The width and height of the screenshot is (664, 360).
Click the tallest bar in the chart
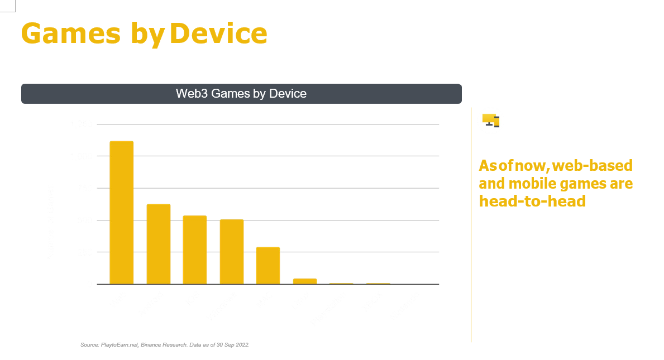point(121,213)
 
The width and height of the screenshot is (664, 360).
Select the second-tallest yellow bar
point(158,244)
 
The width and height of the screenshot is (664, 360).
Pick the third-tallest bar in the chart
point(195,249)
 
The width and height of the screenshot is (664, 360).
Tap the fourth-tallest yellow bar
point(231,252)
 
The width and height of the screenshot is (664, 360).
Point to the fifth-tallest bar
point(268,265)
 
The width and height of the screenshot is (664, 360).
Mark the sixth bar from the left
point(304,281)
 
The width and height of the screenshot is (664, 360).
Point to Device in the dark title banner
point(288,94)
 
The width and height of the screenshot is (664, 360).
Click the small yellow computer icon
point(490,120)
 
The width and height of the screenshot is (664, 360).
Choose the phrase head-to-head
point(532,201)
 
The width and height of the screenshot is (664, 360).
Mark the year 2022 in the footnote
point(243,345)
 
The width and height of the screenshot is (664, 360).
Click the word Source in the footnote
point(89,345)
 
